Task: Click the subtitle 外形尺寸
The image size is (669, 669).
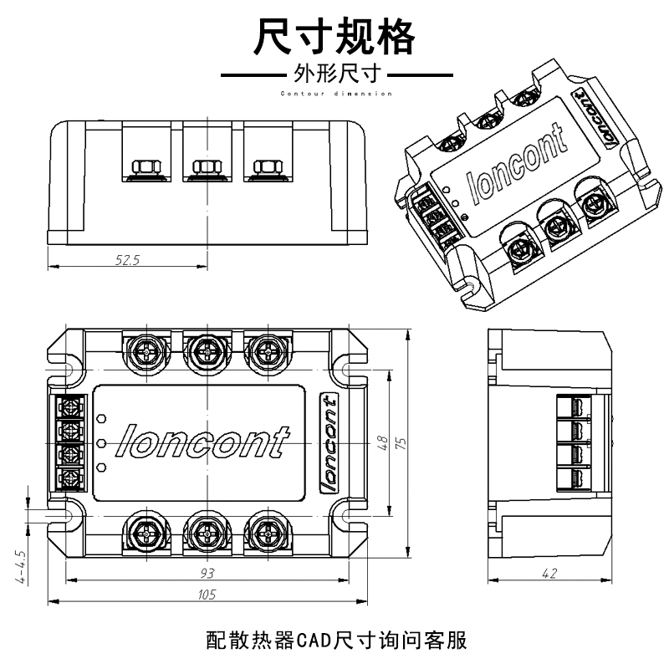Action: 334,74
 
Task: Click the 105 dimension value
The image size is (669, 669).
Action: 207,595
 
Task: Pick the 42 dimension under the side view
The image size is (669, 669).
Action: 549,573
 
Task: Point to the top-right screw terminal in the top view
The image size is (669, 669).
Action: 266,349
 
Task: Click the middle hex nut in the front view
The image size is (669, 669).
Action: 206,163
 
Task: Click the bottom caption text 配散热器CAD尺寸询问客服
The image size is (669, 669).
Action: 334,641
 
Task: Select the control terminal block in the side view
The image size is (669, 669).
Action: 577,442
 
